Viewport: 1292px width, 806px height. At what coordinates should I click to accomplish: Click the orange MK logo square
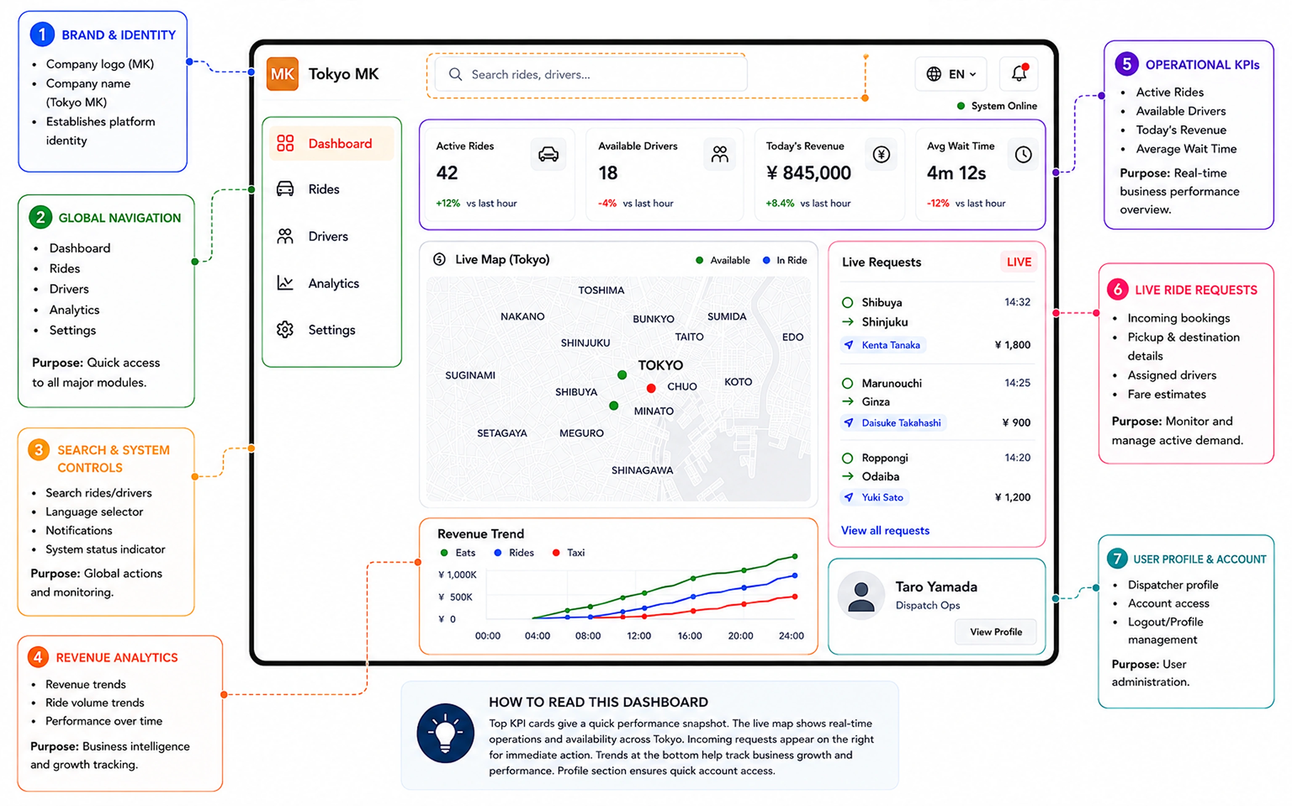tap(282, 74)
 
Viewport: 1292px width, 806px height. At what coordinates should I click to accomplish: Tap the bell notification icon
tap(1019, 73)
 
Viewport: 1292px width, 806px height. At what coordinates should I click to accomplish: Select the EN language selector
tap(951, 74)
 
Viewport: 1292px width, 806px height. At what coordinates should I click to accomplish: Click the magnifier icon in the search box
tap(455, 74)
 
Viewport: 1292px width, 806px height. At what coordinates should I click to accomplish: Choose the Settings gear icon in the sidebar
tap(285, 329)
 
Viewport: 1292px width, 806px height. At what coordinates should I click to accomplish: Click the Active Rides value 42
tap(447, 173)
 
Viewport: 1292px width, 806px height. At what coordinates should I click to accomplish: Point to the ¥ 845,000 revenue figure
tap(808, 173)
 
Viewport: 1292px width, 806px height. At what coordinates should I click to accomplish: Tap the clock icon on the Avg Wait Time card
tap(1023, 154)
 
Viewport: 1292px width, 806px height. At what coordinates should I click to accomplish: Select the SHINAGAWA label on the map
tap(642, 470)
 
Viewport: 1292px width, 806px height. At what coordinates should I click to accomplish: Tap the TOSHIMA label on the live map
tap(601, 290)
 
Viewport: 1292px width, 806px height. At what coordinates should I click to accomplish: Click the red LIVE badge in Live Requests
tap(1019, 262)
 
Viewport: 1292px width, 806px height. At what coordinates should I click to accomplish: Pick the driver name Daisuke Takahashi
tap(901, 423)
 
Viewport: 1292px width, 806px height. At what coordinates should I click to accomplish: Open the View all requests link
tap(885, 530)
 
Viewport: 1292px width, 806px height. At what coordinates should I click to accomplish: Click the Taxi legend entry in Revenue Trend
tap(569, 553)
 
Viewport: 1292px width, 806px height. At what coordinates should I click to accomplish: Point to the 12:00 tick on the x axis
tap(638, 635)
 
